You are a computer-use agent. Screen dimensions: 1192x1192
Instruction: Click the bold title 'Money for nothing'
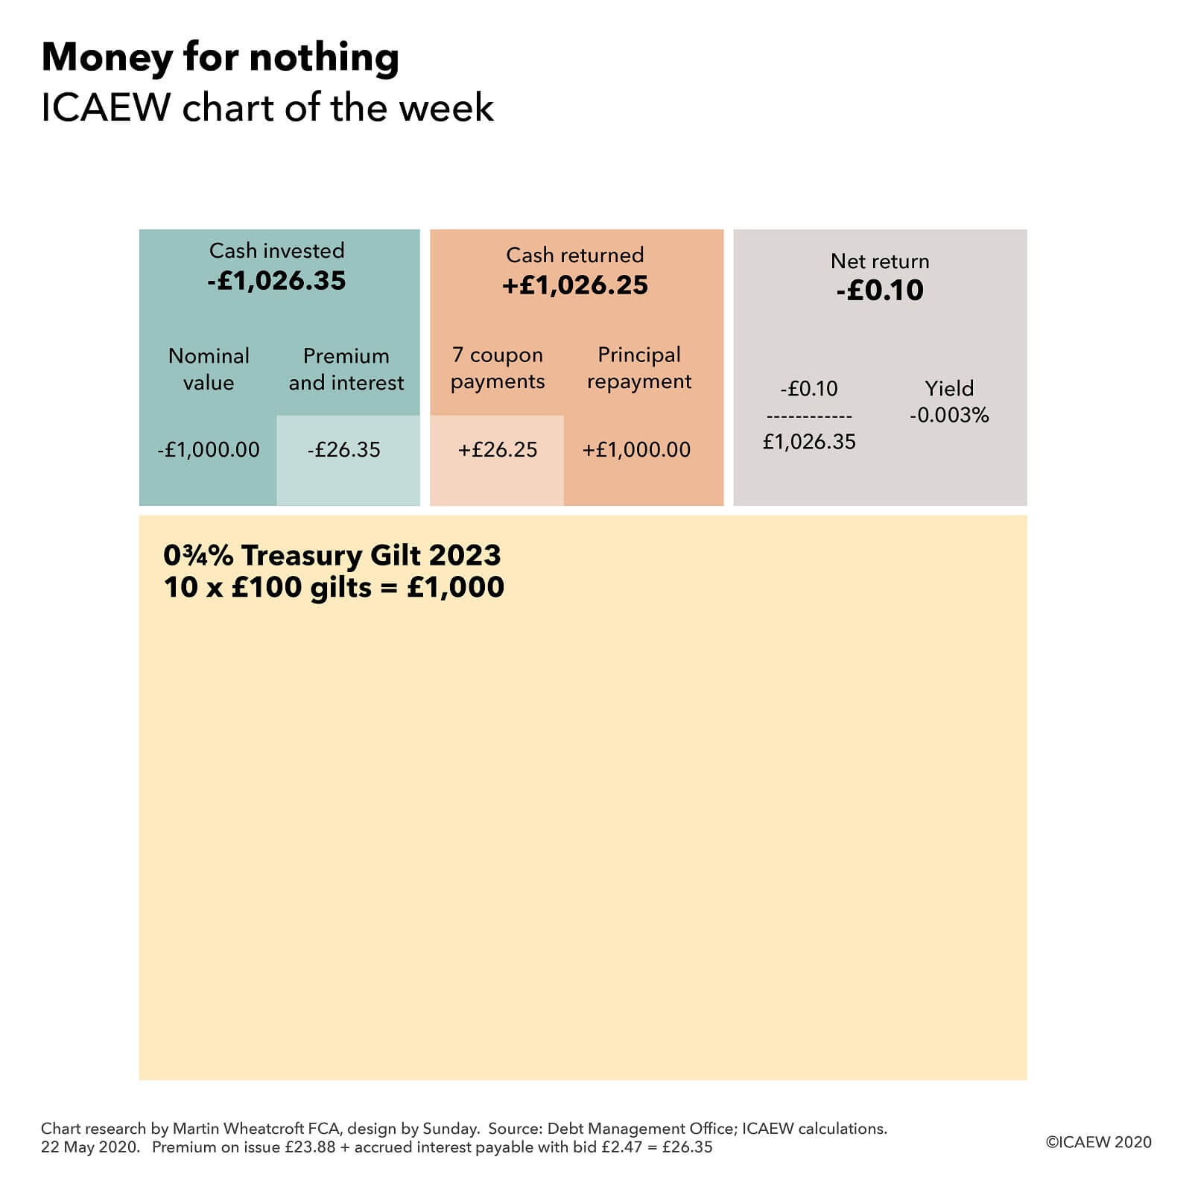tap(220, 57)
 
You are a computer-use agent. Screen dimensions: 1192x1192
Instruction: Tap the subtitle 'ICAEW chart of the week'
tap(267, 108)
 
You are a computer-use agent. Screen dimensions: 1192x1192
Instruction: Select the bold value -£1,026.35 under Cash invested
tap(276, 281)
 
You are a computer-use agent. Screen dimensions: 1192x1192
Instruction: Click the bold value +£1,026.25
tap(575, 285)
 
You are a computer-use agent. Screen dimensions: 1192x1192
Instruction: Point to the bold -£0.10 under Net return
tap(879, 290)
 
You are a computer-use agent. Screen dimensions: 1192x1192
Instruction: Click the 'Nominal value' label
tap(209, 369)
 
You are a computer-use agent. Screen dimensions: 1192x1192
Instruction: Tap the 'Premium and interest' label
tap(346, 369)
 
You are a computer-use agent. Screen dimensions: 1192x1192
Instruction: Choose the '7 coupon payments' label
tap(498, 368)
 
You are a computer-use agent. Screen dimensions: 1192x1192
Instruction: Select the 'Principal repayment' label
tap(639, 368)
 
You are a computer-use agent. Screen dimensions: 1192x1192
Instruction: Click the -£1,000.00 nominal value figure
tap(209, 450)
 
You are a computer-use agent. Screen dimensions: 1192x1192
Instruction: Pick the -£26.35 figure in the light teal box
tap(343, 450)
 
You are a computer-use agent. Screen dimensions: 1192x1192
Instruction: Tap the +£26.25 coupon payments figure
tap(498, 450)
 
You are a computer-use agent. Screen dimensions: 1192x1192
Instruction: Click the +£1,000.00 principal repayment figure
tap(636, 450)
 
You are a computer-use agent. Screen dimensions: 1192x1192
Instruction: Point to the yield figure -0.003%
tap(949, 415)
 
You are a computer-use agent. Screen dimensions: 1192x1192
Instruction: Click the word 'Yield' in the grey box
tap(949, 388)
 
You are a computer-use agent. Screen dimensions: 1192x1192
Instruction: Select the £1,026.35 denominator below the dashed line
tap(809, 442)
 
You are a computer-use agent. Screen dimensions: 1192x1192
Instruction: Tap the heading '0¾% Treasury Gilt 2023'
tap(332, 556)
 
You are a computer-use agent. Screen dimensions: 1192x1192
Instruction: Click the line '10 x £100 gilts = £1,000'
tap(334, 588)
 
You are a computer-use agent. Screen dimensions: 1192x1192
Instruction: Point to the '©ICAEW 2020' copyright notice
tap(1098, 1142)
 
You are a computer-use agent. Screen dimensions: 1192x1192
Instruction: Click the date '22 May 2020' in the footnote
tap(89, 1147)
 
